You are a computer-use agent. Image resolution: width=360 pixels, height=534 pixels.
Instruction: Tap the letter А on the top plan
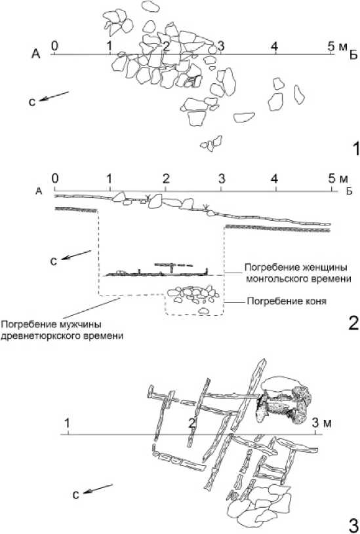(x=36, y=54)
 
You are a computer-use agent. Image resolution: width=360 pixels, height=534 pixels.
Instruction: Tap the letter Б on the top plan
(x=353, y=55)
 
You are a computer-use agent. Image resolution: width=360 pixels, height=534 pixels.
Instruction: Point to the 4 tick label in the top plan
(x=275, y=46)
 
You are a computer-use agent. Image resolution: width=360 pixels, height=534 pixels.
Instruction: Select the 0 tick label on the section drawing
(x=55, y=178)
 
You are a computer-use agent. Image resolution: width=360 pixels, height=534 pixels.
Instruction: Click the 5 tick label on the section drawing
(x=331, y=178)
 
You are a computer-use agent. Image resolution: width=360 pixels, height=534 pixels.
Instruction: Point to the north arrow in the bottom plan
(x=98, y=488)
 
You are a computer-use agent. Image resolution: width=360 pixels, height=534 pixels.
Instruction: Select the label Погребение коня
(x=287, y=301)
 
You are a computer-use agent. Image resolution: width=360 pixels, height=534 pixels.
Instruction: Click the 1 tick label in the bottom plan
(x=67, y=424)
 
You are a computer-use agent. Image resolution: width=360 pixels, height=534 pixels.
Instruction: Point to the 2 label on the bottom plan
(x=193, y=424)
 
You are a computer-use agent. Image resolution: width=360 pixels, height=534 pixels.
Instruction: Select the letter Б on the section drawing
(x=349, y=191)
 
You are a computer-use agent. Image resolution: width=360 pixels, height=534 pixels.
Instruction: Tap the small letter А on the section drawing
(x=39, y=191)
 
